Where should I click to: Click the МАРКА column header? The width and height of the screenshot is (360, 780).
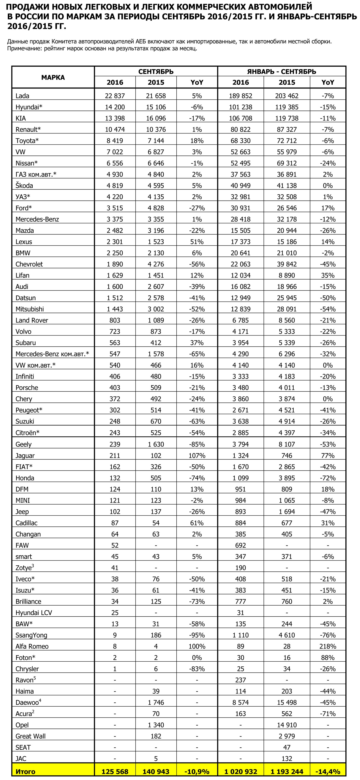click(x=53, y=77)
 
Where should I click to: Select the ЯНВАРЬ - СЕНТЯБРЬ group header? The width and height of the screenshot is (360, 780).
click(x=281, y=72)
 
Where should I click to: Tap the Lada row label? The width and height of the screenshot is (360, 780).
click(x=22, y=96)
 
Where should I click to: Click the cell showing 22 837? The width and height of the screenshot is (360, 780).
click(x=115, y=96)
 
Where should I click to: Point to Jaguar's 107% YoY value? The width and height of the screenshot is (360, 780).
click(x=197, y=456)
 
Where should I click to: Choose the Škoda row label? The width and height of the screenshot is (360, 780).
click(x=24, y=186)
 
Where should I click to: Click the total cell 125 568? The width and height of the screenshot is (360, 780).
click(x=115, y=771)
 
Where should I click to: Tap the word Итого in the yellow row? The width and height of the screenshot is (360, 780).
click(x=25, y=771)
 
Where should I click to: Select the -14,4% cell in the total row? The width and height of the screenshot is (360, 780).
click(x=328, y=771)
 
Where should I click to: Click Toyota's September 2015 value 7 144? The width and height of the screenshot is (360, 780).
click(x=156, y=141)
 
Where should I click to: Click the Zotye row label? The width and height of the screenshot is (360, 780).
click(x=24, y=568)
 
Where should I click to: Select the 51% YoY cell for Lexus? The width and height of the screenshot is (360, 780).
click(x=197, y=242)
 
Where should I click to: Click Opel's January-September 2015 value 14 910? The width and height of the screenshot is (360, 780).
click(x=286, y=725)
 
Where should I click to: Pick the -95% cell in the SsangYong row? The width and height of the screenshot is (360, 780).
click(x=197, y=635)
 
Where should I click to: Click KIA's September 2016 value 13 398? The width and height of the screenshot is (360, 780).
click(x=115, y=118)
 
